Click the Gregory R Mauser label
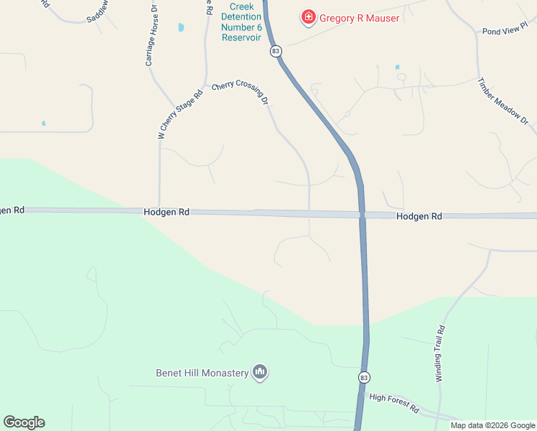click(x=359, y=18)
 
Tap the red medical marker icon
click(x=309, y=17)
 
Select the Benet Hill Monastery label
click(x=202, y=373)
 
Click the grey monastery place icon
click(x=260, y=372)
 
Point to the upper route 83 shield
click(x=276, y=52)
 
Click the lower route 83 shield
click(x=365, y=377)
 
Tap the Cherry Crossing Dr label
click(x=240, y=93)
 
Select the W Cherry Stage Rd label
click(x=169, y=114)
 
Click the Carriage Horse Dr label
click(x=151, y=40)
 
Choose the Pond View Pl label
click(x=505, y=32)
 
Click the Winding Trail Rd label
click(x=441, y=353)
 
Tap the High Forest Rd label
click(x=393, y=402)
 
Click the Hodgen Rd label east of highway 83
click(x=419, y=215)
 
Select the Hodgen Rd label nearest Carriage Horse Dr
click(x=166, y=212)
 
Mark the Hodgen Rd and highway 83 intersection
click(x=363, y=214)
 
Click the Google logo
click(x=24, y=422)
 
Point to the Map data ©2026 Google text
click(x=492, y=425)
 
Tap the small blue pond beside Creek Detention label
click(x=181, y=28)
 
